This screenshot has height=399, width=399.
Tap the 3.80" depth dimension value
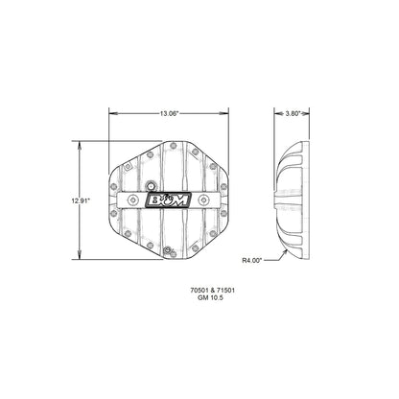click(x=295, y=113)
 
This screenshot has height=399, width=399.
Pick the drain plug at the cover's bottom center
click(x=166, y=251)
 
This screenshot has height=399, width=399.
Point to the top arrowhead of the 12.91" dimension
click(x=81, y=143)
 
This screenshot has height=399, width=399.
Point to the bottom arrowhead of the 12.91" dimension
click(x=81, y=259)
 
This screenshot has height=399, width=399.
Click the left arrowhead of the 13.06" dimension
click(x=108, y=113)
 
